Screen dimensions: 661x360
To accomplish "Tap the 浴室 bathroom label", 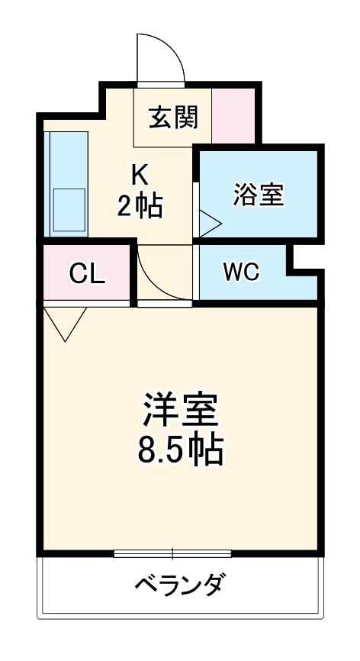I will (x=258, y=194).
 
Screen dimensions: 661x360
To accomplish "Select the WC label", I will (x=242, y=272).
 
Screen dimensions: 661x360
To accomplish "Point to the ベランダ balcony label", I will (x=180, y=586).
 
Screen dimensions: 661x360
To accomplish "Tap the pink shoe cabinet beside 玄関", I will (x=233, y=116).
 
